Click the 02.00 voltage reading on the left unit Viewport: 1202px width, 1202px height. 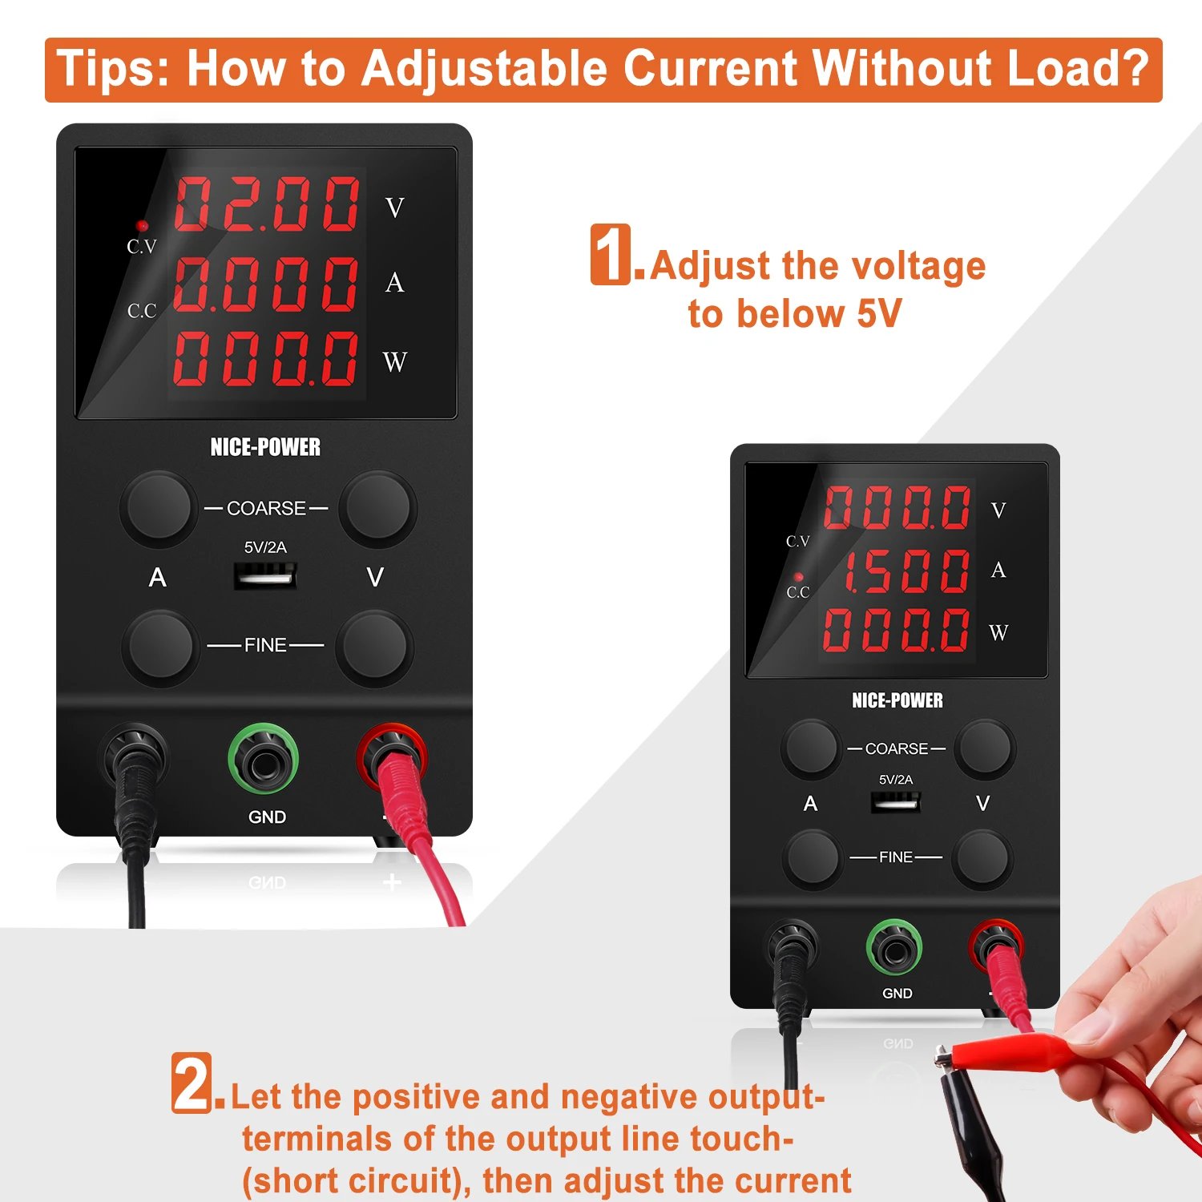(267, 204)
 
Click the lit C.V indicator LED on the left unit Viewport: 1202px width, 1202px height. (142, 226)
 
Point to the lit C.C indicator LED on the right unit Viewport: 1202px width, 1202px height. (798, 577)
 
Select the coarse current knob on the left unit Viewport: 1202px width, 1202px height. (159, 506)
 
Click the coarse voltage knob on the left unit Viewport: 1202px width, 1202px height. (377, 506)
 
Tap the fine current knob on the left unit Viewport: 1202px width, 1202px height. (160, 645)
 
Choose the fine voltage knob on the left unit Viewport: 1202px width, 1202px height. (374, 645)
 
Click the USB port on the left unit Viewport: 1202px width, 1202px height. (265, 576)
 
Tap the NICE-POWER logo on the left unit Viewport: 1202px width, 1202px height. (265, 447)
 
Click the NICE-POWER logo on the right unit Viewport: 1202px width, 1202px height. (897, 700)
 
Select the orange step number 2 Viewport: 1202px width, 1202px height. (192, 1083)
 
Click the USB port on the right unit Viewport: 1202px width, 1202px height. (896, 801)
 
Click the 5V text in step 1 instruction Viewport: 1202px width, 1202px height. (879, 313)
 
